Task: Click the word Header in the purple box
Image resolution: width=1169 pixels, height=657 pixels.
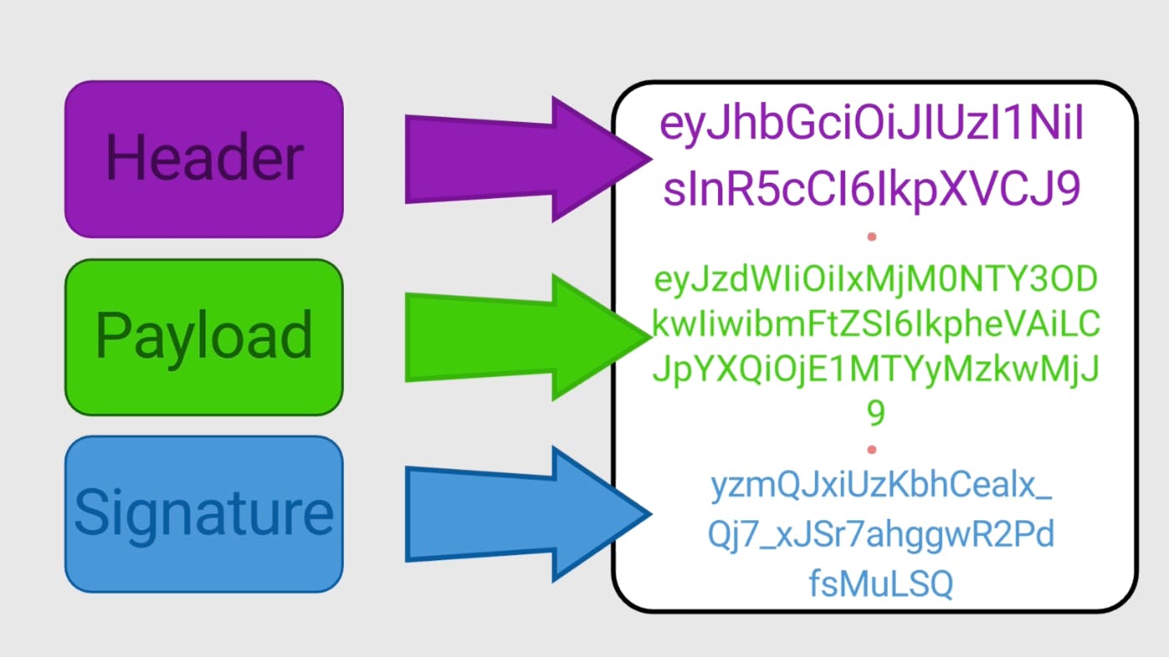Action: pyautogui.click(x=204, y=159)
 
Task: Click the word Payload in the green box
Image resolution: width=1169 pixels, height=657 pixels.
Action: pyautogui.click(x=204, y=336)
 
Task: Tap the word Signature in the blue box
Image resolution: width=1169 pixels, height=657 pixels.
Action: pyautogui.click(x=204, y=513)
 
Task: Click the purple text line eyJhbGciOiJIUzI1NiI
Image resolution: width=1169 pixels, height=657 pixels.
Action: pyautogui.click(x=873, y=126)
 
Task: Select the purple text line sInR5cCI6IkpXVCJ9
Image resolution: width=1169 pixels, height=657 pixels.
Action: pyautogui.click(x=873, y=191)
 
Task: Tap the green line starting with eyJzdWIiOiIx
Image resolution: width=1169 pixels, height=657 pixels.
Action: pyautogui.click(x=875, y=281)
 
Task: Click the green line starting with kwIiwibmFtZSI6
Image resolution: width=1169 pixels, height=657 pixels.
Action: pyautogui.click(x=875, y=326)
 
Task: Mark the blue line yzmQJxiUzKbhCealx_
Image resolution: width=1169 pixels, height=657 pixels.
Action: pyautogui.click(x=881, y=487)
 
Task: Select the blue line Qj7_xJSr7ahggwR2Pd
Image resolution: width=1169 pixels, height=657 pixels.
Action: pyautogui.click(x=881, y=535)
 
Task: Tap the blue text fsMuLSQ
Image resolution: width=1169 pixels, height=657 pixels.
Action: pyautogui.click(x=881, y=584)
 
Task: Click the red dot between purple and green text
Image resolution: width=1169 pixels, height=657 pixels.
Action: pyautogui.click(x=872, y=237)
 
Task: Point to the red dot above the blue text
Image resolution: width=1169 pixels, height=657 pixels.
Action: pyautogui.click(x=872, y=450)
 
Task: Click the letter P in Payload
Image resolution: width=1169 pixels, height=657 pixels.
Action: pyautogui.click(x=112, y=336)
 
